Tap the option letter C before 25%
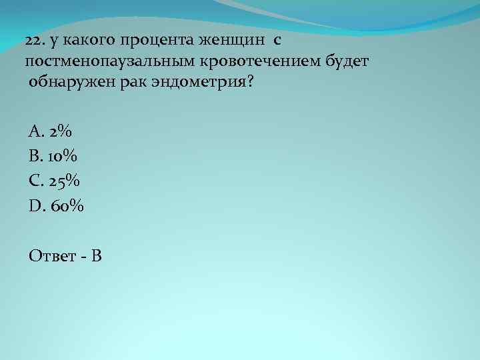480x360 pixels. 34,181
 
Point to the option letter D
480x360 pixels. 35,206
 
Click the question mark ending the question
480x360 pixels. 250,83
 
